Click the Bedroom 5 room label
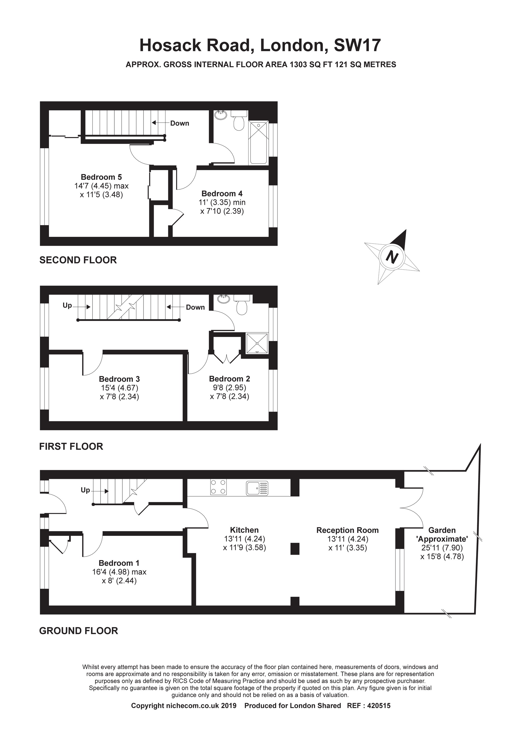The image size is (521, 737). click(x=101, y=177)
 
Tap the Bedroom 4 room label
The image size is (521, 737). click(x=222, y=194)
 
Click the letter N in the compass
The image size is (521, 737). click(x=392, y=257)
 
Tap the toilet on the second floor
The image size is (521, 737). click(x=239, y=120)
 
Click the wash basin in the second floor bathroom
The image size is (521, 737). click(x=220, y=115)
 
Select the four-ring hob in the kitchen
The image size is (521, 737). click(x=218, y=487)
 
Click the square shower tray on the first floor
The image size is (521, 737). click(x=257, y=343)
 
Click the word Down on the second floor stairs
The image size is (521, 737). click(x=180, y=123)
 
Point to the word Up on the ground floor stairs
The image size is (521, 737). click(x=85, y=490)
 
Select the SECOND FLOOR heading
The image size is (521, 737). click(x=78, y=260)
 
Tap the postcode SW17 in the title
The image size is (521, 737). click(x=357, y=45)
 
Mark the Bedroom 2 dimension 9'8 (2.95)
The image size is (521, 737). click(x=230, y=387)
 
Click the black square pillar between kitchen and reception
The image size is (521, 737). click(x=295, y=549)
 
